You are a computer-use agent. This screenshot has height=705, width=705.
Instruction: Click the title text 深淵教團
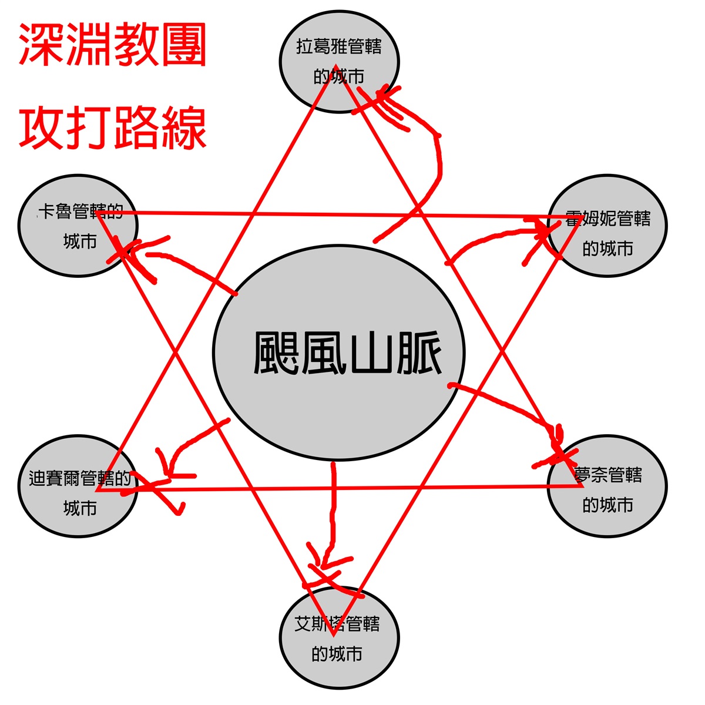click(112, 45)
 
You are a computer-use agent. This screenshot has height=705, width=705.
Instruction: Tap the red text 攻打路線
click(112, 127)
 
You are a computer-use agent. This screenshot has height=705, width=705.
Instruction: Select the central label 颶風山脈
click(347, 352)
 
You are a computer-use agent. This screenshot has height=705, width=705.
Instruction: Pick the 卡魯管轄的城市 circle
click(78, 226)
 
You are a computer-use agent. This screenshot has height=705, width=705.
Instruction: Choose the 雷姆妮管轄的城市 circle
click(607, 226)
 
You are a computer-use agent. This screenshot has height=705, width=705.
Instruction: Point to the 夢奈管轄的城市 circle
click(607, 486)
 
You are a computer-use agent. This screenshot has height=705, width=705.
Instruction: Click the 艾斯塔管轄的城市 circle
click(339, 637)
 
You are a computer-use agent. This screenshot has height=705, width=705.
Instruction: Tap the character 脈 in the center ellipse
click(418, 353)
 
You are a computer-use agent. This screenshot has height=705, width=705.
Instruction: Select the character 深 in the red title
click(41, 45)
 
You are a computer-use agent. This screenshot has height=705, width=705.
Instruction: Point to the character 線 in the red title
click(183, 127)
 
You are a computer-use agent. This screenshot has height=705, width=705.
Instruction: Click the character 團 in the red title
click(183, 45)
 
